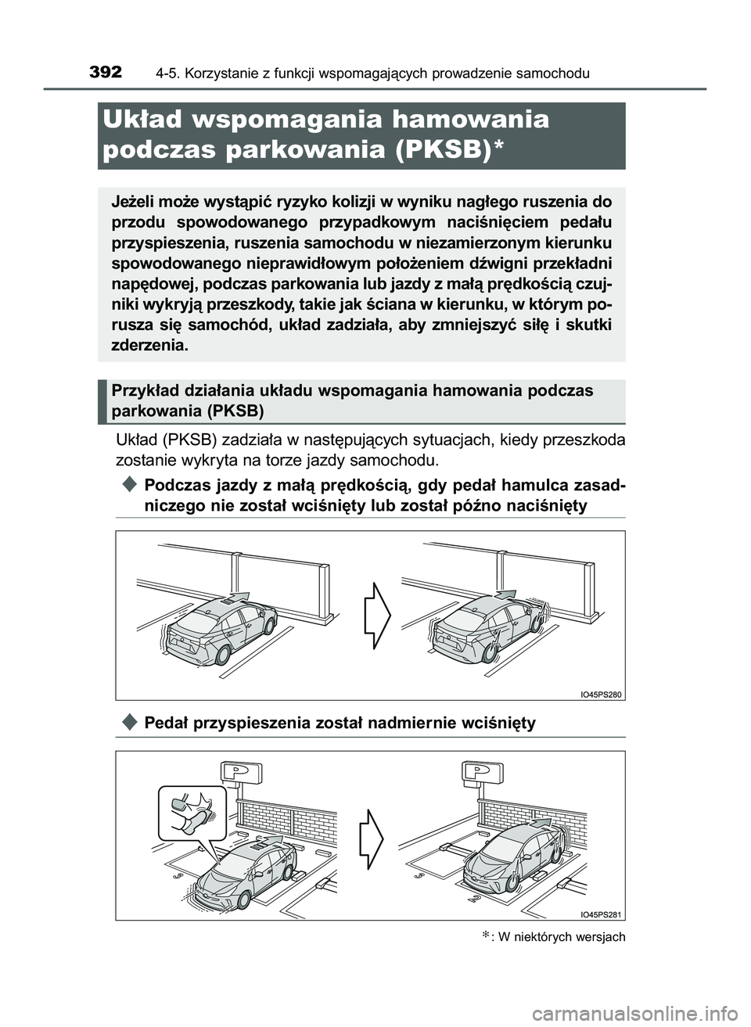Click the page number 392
click(x=106, y=73)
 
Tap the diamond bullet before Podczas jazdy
click(x=130, y=486)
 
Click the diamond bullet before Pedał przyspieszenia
click(x=130, y=722)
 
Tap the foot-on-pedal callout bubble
click(x=192, y=812)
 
